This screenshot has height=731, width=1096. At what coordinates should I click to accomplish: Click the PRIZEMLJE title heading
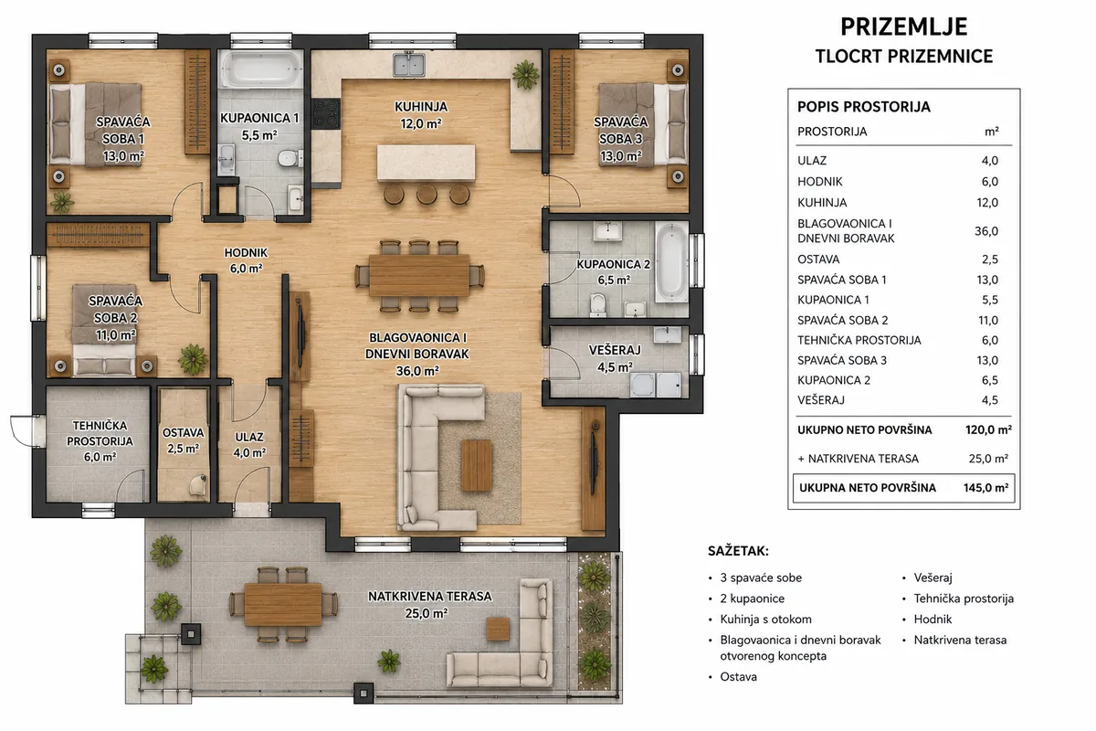(x=903, y=26)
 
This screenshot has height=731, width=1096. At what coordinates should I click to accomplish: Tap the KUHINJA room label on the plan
(x=421, y=106)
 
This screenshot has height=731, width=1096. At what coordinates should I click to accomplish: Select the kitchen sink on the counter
(x=409, y=65)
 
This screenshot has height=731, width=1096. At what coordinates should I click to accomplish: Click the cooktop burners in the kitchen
(x=326, y=114)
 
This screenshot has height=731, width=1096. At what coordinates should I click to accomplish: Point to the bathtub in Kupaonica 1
(x=261, y=69)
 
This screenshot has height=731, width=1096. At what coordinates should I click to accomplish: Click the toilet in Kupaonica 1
(x=290, y=158)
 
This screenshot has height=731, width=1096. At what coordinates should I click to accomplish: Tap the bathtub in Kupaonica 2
(x=671, y=262)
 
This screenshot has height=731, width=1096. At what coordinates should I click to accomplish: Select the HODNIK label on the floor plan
(x=246, y=252)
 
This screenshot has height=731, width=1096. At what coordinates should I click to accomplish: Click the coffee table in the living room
(x=476, y=465)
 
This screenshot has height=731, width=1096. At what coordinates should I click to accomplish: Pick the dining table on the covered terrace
(x=283, y=604)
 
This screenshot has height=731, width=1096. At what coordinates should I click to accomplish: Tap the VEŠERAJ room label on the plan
(x=615, y=350)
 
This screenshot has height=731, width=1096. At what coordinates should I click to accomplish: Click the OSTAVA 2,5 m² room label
(x=183, y=440)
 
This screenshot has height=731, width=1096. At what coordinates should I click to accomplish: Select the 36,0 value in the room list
(x=986, y=231)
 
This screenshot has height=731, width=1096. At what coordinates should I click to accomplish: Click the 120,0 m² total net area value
(x=988, y=429)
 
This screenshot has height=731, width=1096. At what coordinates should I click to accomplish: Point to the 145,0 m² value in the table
(x=985, y=488)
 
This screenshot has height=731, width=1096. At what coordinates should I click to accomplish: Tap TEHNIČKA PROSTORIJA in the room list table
(x=859, y=340)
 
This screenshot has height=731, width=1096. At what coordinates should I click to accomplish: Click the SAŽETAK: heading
(x=738, y=551)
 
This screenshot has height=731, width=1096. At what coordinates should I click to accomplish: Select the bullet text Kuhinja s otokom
(x=765, y=620)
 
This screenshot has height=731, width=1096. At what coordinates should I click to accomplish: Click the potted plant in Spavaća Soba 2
(x=194, y=359)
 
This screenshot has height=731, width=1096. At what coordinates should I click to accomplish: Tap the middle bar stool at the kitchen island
(x=427, y=194)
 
